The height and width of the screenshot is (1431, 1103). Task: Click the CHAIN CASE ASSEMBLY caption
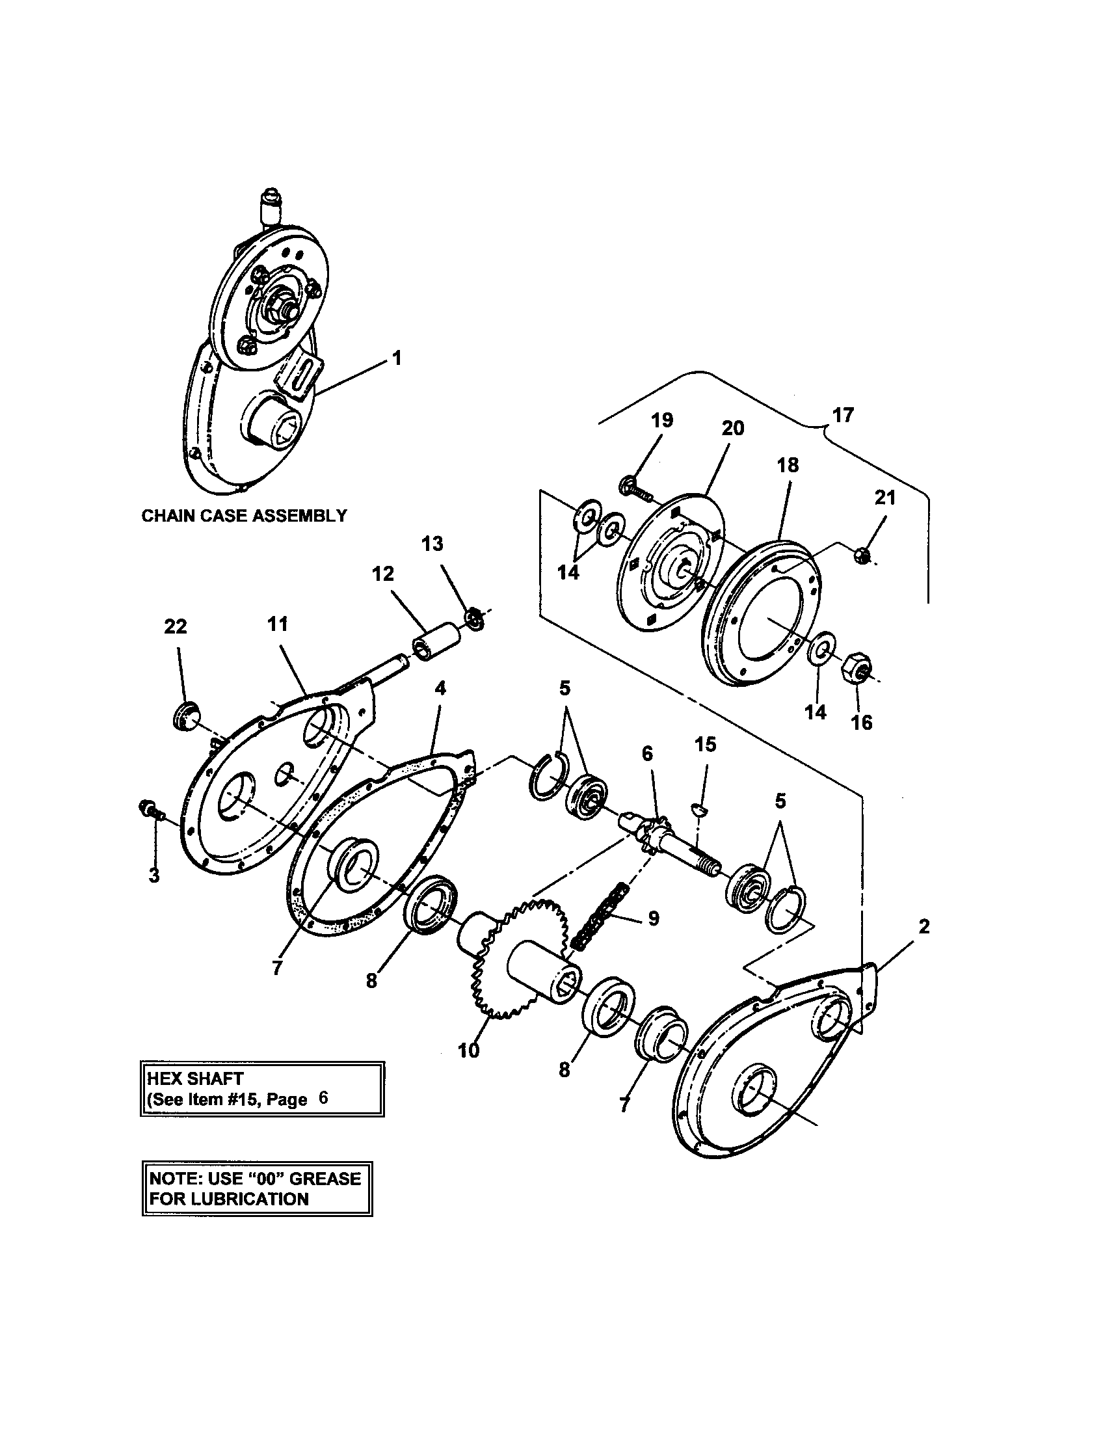pyautogui.click(x=245, y=516)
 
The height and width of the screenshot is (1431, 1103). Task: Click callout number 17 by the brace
pyautogui.click(x=843, y=416)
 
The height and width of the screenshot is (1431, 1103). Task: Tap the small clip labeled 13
pyautogui.click(x=477, y=618)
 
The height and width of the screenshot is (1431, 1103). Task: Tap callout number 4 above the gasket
pyautogui.click(x=440, y=689)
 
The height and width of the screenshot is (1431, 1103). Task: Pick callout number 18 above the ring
pyautogui.click(x=788, y=465)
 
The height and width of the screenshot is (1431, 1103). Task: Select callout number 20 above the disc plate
pyautogui.click(x=732, y=429)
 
